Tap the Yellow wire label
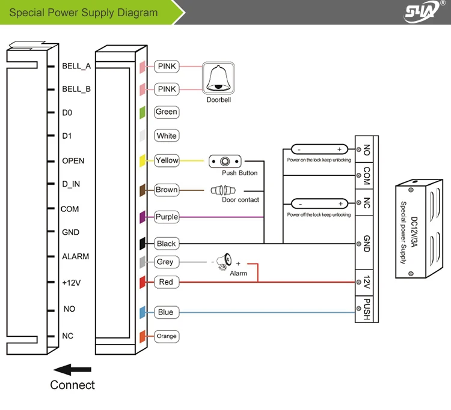tap(167, 160)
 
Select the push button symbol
tap(225, 161)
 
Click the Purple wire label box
tap(167, 217)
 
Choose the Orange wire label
tap(167, 336)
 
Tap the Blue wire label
tap(165, 312)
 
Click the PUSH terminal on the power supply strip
tap(366, 309)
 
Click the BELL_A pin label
tap(76, 66)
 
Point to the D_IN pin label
tap(71, 184)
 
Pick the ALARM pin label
tap(75, 256)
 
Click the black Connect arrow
tap(72, 370)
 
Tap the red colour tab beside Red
tap(143, 282)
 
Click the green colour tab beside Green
tap(143, 112)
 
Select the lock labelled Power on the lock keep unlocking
tap(318, 149)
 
